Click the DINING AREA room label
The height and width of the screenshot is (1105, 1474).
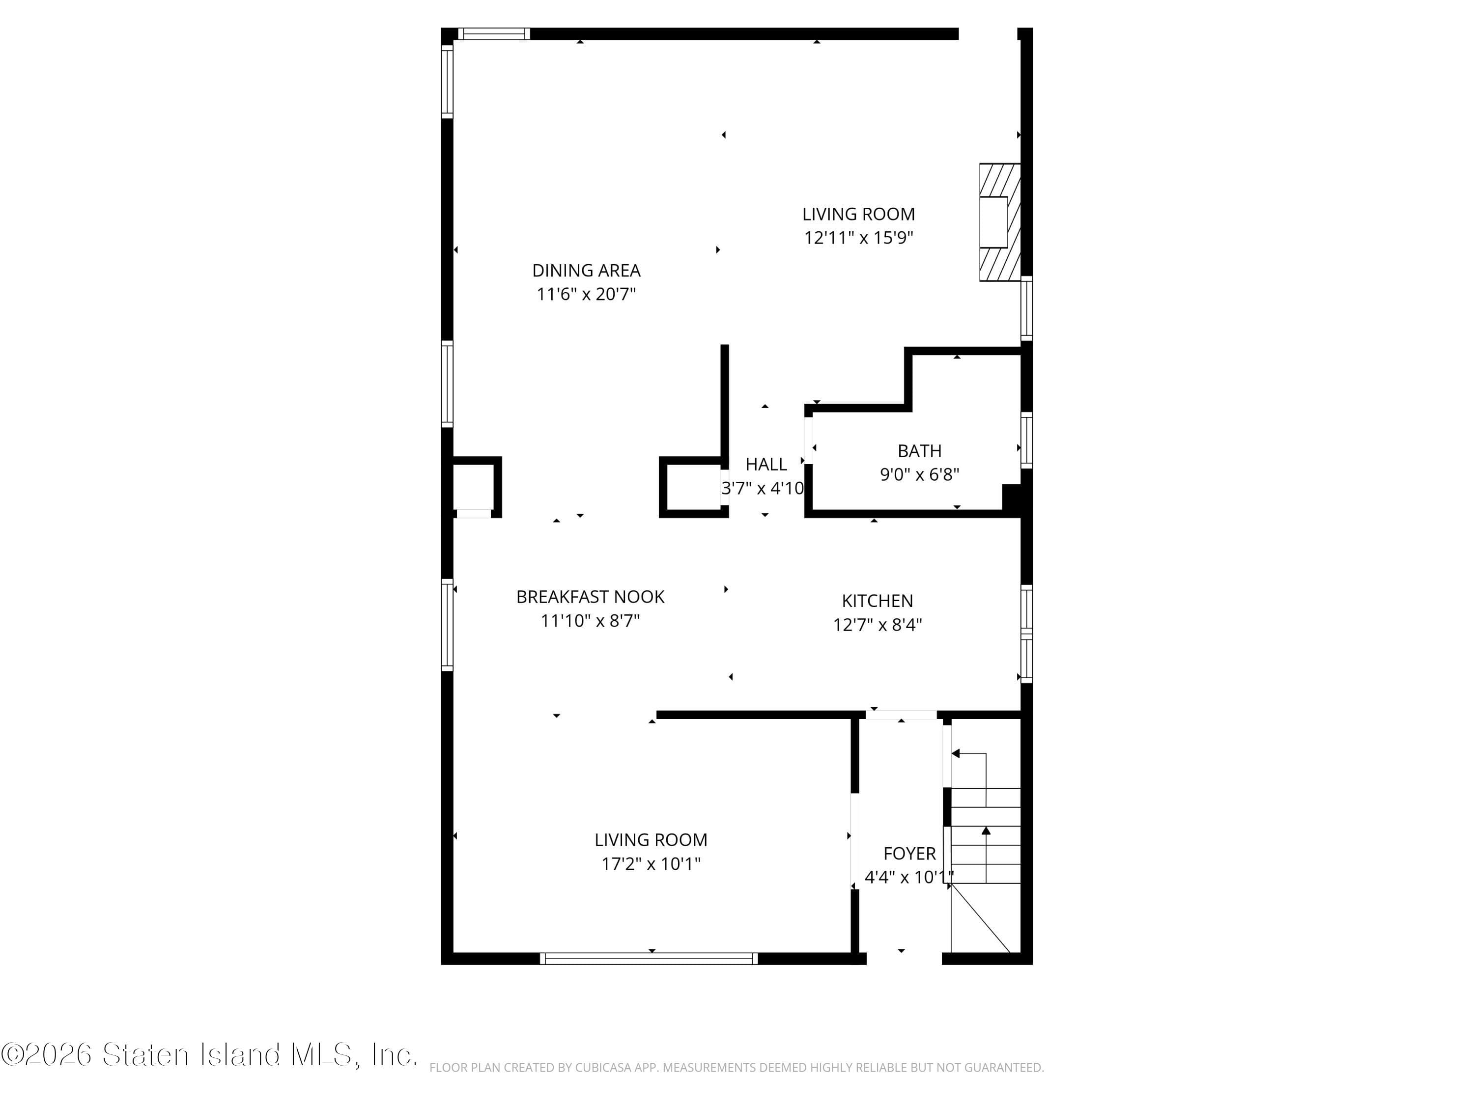tap(586, 271)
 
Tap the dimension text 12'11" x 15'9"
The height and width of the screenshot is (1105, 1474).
tap(858, 238)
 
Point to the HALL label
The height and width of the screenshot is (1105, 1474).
tap(765, 464)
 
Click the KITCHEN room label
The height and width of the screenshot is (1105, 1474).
tap(877, 601)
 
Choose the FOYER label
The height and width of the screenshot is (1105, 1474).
tap(909, 853)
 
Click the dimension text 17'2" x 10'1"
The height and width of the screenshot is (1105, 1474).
tap(651, 864)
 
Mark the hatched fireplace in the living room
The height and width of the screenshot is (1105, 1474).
tap(999, 222)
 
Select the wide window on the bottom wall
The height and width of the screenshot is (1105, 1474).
tap(649, 959)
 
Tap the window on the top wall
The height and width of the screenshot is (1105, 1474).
tap(494, 34)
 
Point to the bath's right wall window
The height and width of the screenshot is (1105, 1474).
tap(1027, 440)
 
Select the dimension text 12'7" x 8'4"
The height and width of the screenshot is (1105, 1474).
tap(877, 625)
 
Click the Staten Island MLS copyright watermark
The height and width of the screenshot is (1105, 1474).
tap(209, 1054)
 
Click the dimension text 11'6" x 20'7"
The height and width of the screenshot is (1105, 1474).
tap(586, 294)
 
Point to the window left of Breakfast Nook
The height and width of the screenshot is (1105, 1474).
tap(447, 624)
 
